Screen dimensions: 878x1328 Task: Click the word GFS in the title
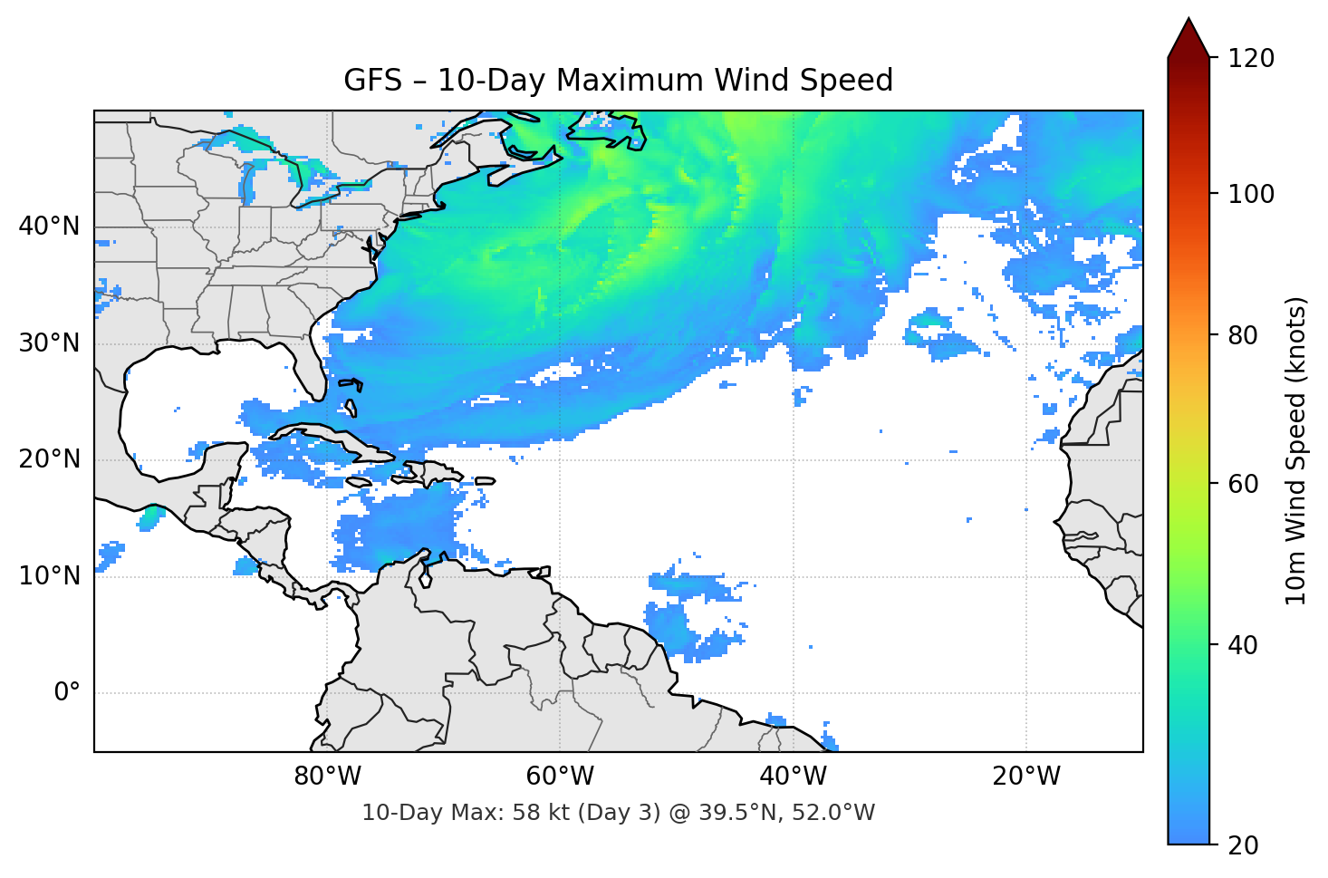pyautogui.click(x=372, y=81)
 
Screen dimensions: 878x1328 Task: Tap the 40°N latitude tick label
pyautogui.click(x=49, y=226)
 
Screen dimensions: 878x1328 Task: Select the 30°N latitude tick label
pyautogui.click(x=49, y=343)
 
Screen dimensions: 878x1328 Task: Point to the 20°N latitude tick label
pyautogui.click(x=49, y=459)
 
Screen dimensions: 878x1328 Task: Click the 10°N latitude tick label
pyautogui.click(x=49, y=576)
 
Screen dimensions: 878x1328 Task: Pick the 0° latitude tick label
pyautogui.click(x=66, y=693)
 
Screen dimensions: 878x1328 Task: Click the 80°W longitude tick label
pyautogui.click(x=327, y=777)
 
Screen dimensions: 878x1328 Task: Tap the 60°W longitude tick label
pyautogui.click(x=560, y=777)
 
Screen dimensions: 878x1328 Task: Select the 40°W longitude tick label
pyautogui.click(x=793, y=777)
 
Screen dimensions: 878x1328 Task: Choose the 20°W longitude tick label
pyautogui.click(x=1025, y=777)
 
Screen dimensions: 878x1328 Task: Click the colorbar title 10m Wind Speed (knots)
pyautogui.click(x=1296, y=450)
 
